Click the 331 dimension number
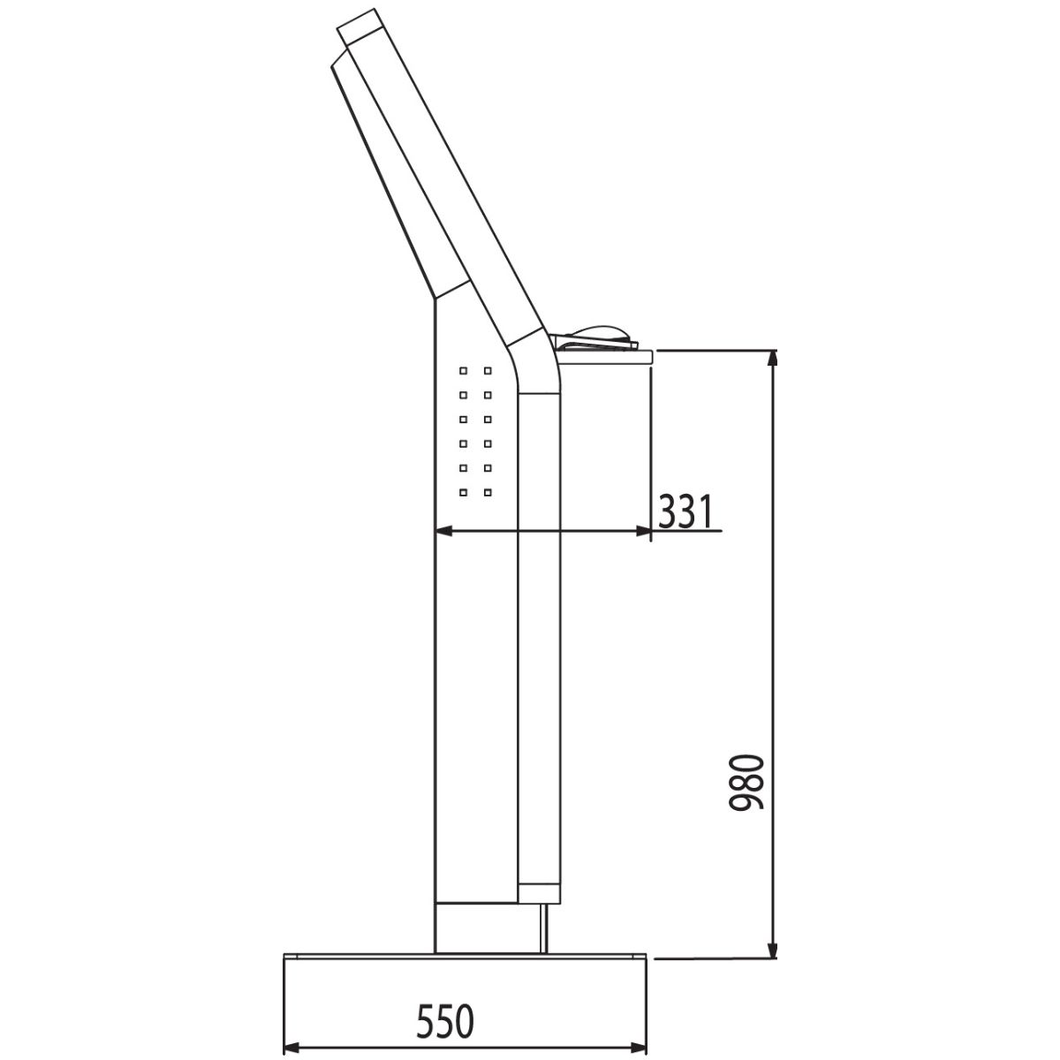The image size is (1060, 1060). (x=685, y=511)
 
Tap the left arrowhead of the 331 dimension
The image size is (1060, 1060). (x=443, y=531)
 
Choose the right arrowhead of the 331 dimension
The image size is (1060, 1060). (x=642, y=531)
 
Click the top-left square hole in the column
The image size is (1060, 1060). (x=463, y=371)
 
